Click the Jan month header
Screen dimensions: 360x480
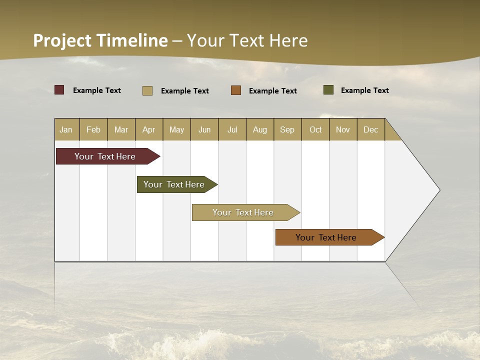66,129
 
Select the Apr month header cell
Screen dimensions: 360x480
149,129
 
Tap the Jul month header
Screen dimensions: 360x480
232,129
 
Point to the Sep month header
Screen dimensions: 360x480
287,129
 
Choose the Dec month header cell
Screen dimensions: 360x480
370,129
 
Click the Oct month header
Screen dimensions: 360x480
315,129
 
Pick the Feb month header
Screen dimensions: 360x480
93,129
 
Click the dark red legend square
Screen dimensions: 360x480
59,90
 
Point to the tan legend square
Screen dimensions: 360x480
147,90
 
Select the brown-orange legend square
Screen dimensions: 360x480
236,90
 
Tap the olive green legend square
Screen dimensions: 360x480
328,90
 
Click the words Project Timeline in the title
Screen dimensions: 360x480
100,40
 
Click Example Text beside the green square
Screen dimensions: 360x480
364,90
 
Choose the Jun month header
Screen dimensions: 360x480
204,129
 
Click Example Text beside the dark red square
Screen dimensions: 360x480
97,90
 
